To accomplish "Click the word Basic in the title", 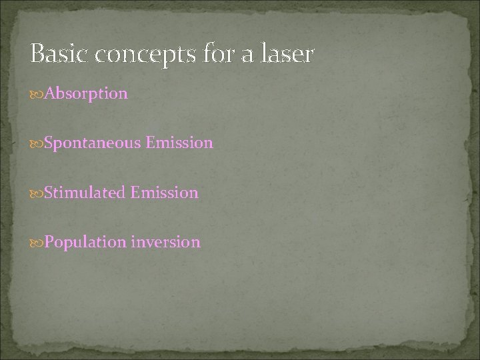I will (x=59, y=55).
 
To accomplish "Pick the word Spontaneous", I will (x=83, y=143).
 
